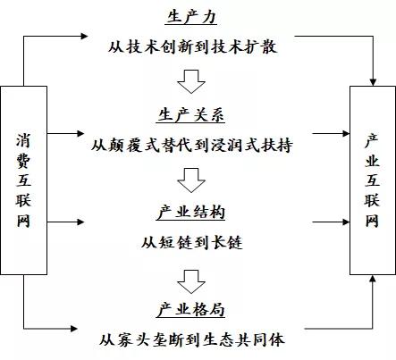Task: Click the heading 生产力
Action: pyautogui.click(x=191, y=17)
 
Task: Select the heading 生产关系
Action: pyautogui.click(x=190, y=115)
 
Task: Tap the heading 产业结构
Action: pyautogui.click(x=190, y=213)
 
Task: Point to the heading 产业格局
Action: pyautogui.click(x=190, y=310)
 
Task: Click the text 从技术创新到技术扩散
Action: pyautogui.click(x=192, y=46)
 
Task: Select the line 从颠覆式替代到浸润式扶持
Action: pyautogui.click(x=191, y=146)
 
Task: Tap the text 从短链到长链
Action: pyautogui.click(x=191, y=242)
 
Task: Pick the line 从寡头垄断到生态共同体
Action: pyautogui.click(x=191, y=339)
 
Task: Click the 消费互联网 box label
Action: pyautogui.click(x=23, y=180)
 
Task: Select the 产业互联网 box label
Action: pyautogui.click(x=372, y=180)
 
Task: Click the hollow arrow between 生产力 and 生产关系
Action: pyautogui.click(x=191, y=81)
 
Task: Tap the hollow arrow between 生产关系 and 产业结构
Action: pyautogui.click(x=191, y=180)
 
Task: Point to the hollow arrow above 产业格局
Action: pyautogui.click(x=191, y=281)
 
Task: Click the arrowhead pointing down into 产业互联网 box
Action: pyautogui.click(x=373, y=82)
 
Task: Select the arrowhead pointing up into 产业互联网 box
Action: pyautogui.click(x=373, y=279)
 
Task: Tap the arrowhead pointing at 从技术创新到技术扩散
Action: pyautogui.click(x=84, y=36)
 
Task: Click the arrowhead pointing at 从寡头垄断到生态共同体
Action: pyautogui.click(x=74, y=329)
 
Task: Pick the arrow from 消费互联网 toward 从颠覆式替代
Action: pyautogui.click(x=65, y=133)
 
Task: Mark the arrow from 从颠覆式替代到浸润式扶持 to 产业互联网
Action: pyautogui.click(x=331, y=133)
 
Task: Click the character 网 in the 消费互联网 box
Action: pyautogui.click(x=23, y=221)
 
